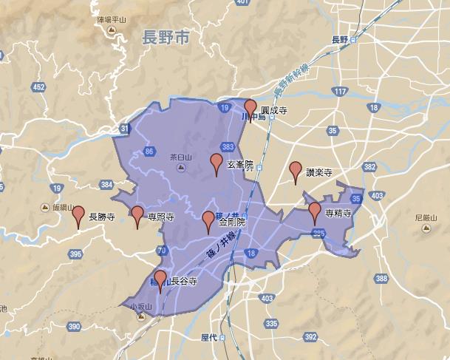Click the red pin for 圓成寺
pyautogui.click(x=250, y=109)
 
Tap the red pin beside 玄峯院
pyautogui.click(x=217, y=163)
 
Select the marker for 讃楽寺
pyautogui.click(x=296, y=171)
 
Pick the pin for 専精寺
pyautogui.click(x=315, y=211)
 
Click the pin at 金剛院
pyautogui.click(x=209, y=220)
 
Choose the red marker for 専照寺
pyautogui.click(x=137, y=215)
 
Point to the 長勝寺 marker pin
pyautogui.click(x=78, y=215)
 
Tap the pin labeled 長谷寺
pyautogui.click(x=160, y=279)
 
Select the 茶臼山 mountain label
pyautogui.click(x=180, y=157)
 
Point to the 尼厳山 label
pyautogui.click(x=427, y=218)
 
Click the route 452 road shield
pyautogui.click(x=38, y=87)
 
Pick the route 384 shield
pyautogui.click(x=107, y=184)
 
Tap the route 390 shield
pyautogui.click(x=73, y=326)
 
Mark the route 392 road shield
pyautogui.click(x=310, y=336)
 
